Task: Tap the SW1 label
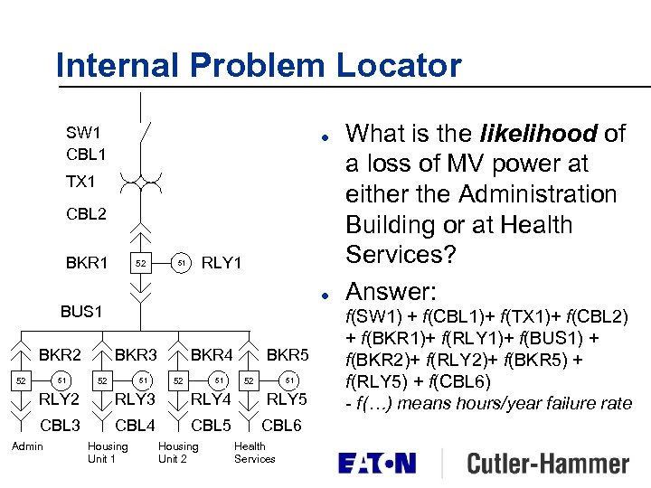[83, 133]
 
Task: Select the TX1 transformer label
[80, 182]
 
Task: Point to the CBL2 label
[86, 214]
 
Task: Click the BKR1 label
[87, 263]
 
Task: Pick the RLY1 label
[222, 263]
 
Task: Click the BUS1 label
[81, 312]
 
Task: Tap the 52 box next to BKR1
[140, 264]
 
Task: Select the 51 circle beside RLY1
[182, 263]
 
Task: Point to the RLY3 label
[136, 399]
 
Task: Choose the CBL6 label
[282, 425]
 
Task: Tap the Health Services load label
[254, 452]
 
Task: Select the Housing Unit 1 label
[107, 452]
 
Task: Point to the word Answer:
[392, 291]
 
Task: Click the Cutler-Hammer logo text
[548, 465]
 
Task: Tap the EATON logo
[376, 465]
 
